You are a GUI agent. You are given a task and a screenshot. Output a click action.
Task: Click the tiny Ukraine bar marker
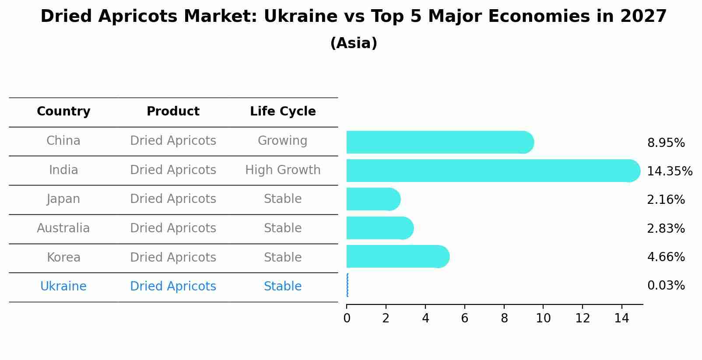pos(347,285)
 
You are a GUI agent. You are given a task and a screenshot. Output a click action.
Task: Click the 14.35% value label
pos(669,171)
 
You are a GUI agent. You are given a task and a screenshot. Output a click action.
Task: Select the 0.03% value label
pos(666,286)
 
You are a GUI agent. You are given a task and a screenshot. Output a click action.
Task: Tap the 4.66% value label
pos(666,257)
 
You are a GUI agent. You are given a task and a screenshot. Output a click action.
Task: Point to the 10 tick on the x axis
pos(543,318)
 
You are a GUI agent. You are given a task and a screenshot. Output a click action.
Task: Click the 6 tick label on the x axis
pos(464,318)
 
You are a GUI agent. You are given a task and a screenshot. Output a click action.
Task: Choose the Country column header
pos(63,112)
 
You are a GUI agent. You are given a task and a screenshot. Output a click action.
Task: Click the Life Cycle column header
pos(283,112)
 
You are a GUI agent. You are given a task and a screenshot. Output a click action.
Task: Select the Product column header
pos(173,112)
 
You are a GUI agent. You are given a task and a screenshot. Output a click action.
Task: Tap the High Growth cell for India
pos(283,170)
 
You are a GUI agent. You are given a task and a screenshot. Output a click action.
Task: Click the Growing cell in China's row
pos(282,141)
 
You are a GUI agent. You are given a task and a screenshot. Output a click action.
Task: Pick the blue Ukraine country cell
pos(63,287)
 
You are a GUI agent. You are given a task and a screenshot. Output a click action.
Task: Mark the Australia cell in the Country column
pos(63,228)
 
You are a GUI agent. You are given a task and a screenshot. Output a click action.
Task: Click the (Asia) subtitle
pos(354,43)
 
